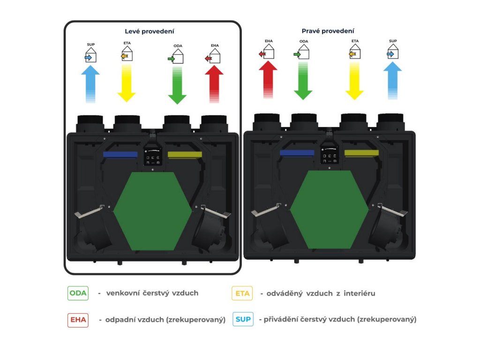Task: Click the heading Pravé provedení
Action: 328,31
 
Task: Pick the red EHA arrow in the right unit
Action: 268,79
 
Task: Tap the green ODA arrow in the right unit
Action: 303,80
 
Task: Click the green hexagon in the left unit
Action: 153,211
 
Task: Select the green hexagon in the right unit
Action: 329,209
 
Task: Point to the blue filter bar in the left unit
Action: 120,154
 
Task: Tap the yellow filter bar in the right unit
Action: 361,153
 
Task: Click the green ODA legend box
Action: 78,293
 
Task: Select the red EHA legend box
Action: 78,320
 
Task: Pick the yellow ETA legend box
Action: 242,293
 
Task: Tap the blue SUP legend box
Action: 243,320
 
